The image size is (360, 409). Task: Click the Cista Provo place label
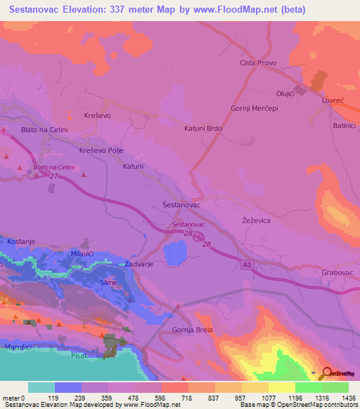pos(257,63)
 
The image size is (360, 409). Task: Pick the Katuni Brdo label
pos(203,129)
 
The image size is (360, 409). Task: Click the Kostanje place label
pos(21,241)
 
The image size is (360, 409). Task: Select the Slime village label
pos(109,282)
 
